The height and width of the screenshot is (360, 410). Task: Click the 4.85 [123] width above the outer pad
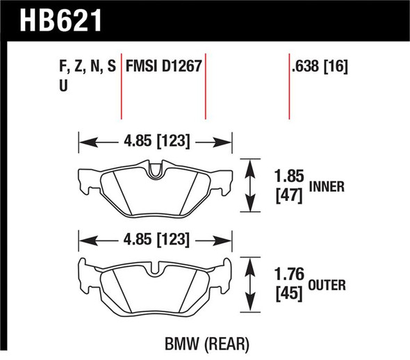(155, 240)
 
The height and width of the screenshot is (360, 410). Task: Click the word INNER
(325, 187)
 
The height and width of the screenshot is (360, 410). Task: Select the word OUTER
(326, 285)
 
